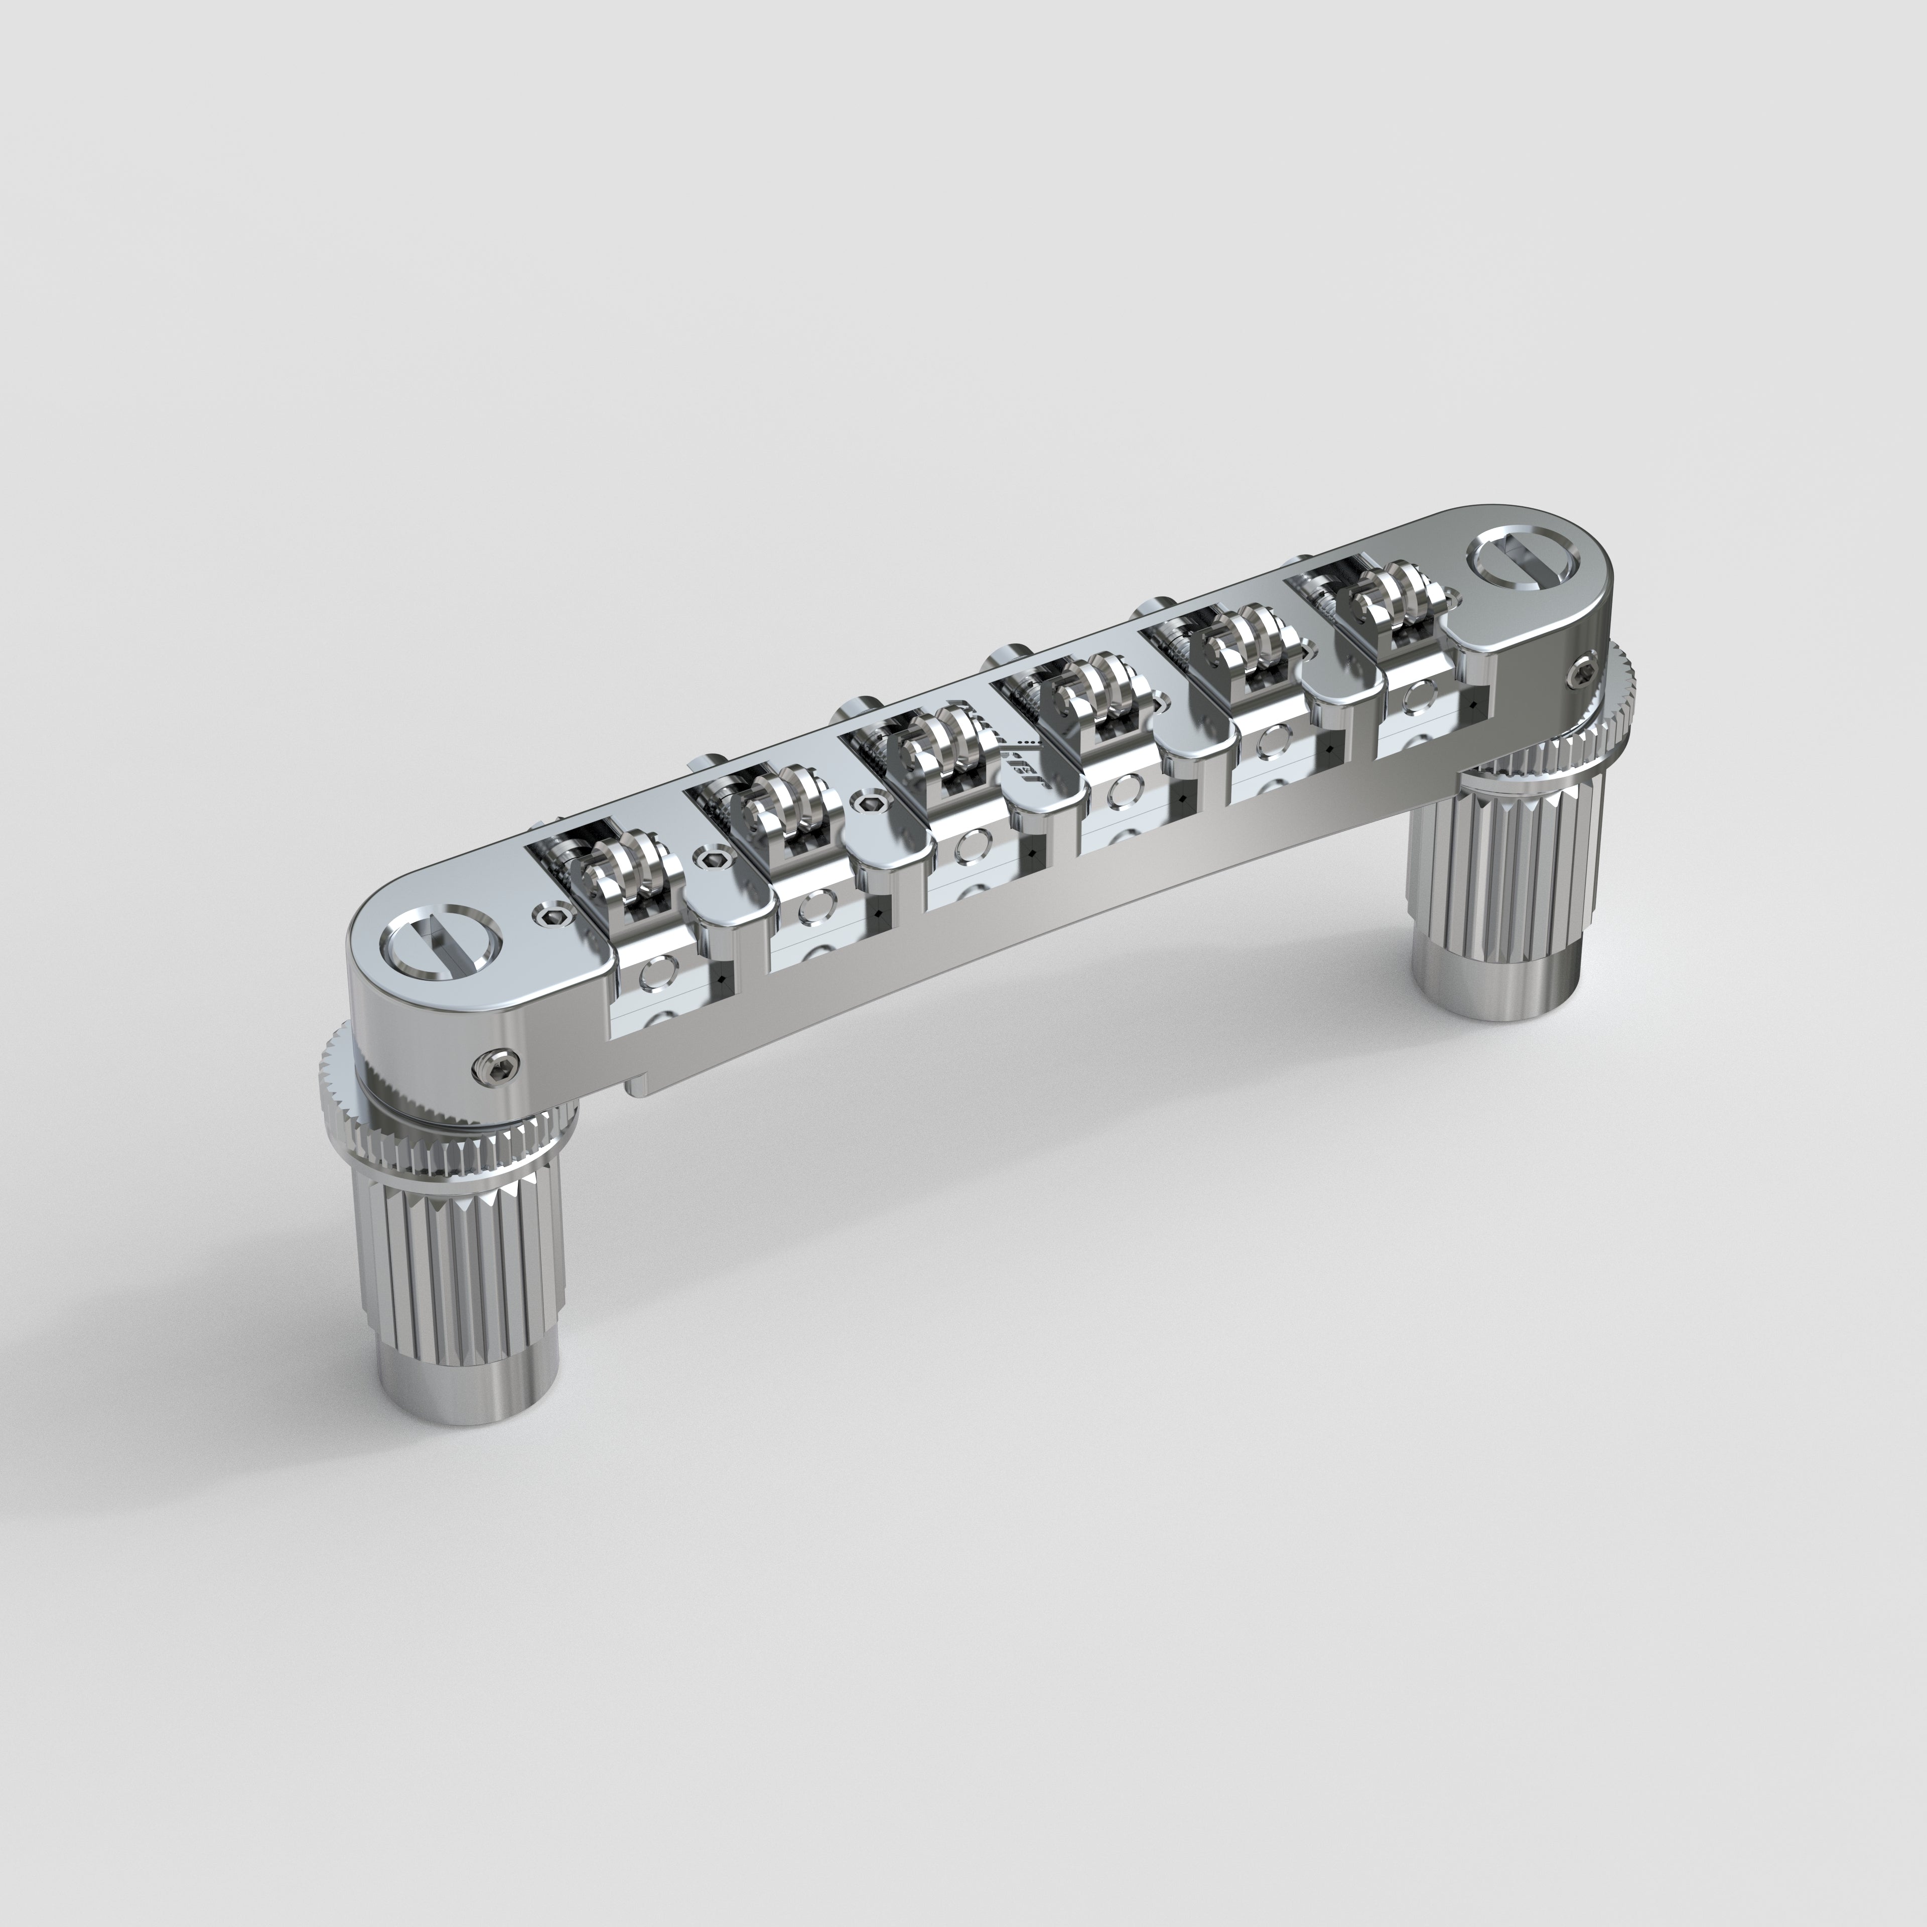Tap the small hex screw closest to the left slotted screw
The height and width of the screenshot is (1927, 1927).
[x=550, y=914]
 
